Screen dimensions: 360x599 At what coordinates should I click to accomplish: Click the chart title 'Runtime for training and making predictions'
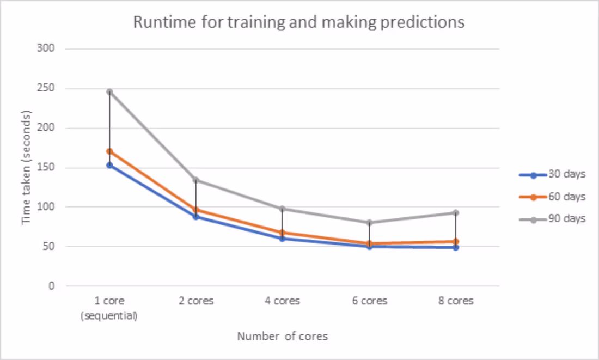coord(299,22)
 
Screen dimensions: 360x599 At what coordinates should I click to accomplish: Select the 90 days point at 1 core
coord(109,91)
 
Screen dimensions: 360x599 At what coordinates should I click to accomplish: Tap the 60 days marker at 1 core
coord(109,151)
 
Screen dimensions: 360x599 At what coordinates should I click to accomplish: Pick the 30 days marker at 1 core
coord(109,165)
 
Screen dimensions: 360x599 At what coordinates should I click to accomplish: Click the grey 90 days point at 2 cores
coord(196,180)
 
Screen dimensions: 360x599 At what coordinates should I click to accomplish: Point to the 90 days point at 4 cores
coord(283,209)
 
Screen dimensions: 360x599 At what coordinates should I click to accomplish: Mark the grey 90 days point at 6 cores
coord(369,222)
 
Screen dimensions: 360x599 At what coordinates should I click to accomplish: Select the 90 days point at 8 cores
coord(456,212)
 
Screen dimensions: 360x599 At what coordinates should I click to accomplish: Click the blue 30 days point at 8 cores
coord(456,247)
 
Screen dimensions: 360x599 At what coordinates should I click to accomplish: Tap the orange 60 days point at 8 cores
coord(456,241)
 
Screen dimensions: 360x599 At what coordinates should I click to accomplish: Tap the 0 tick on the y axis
coord(51,286)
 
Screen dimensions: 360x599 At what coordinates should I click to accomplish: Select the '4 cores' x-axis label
coord(283,301)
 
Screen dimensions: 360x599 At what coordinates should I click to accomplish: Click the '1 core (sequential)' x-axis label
coord(109,308)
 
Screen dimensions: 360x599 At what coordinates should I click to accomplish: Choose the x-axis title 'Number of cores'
coord(282,337)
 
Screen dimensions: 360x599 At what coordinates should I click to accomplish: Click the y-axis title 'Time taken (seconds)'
coord(26,167)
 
